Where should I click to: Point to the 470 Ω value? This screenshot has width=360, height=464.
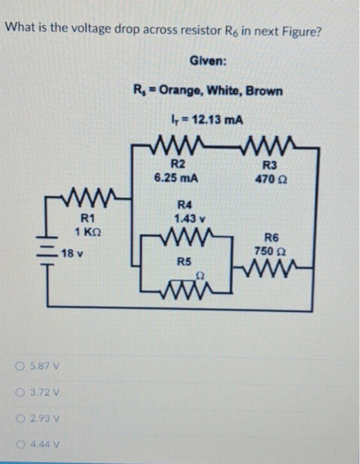272,178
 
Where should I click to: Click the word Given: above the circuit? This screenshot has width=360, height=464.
208,61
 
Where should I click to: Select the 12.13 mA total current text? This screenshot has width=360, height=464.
207,120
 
